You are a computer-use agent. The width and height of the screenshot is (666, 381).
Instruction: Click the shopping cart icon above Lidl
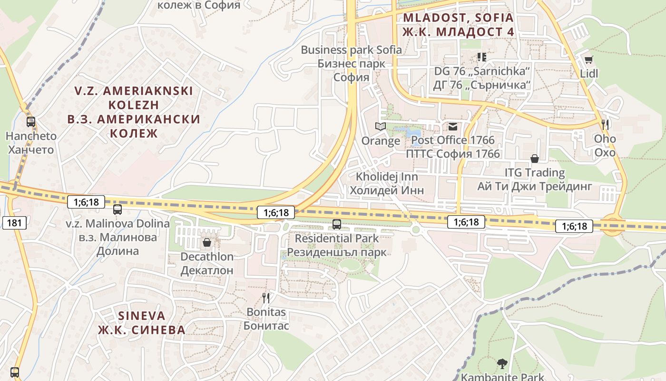588,60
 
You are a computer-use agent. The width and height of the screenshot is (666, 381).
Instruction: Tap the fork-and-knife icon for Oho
605,125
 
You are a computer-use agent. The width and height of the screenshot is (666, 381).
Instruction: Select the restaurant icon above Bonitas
266,298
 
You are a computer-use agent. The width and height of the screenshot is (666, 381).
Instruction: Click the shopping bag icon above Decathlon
207,242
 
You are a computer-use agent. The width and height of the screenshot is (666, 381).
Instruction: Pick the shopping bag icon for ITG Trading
535,158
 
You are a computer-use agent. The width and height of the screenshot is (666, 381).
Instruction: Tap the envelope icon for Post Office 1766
452,126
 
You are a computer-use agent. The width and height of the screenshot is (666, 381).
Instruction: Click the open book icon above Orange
380,126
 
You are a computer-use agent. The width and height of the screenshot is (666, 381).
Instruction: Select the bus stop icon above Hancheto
31,121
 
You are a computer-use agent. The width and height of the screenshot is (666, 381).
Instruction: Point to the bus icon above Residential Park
337,224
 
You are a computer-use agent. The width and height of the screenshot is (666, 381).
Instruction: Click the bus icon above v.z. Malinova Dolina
118,209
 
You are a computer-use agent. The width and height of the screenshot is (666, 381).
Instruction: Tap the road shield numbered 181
14,222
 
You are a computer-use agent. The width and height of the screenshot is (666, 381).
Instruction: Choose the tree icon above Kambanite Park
502,364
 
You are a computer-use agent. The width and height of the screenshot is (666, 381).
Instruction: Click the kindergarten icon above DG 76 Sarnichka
481,57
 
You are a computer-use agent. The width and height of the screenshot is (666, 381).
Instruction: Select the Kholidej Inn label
387,183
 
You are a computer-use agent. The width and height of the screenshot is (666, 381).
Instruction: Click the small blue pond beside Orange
412,131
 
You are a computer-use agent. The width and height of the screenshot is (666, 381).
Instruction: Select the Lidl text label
589,74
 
